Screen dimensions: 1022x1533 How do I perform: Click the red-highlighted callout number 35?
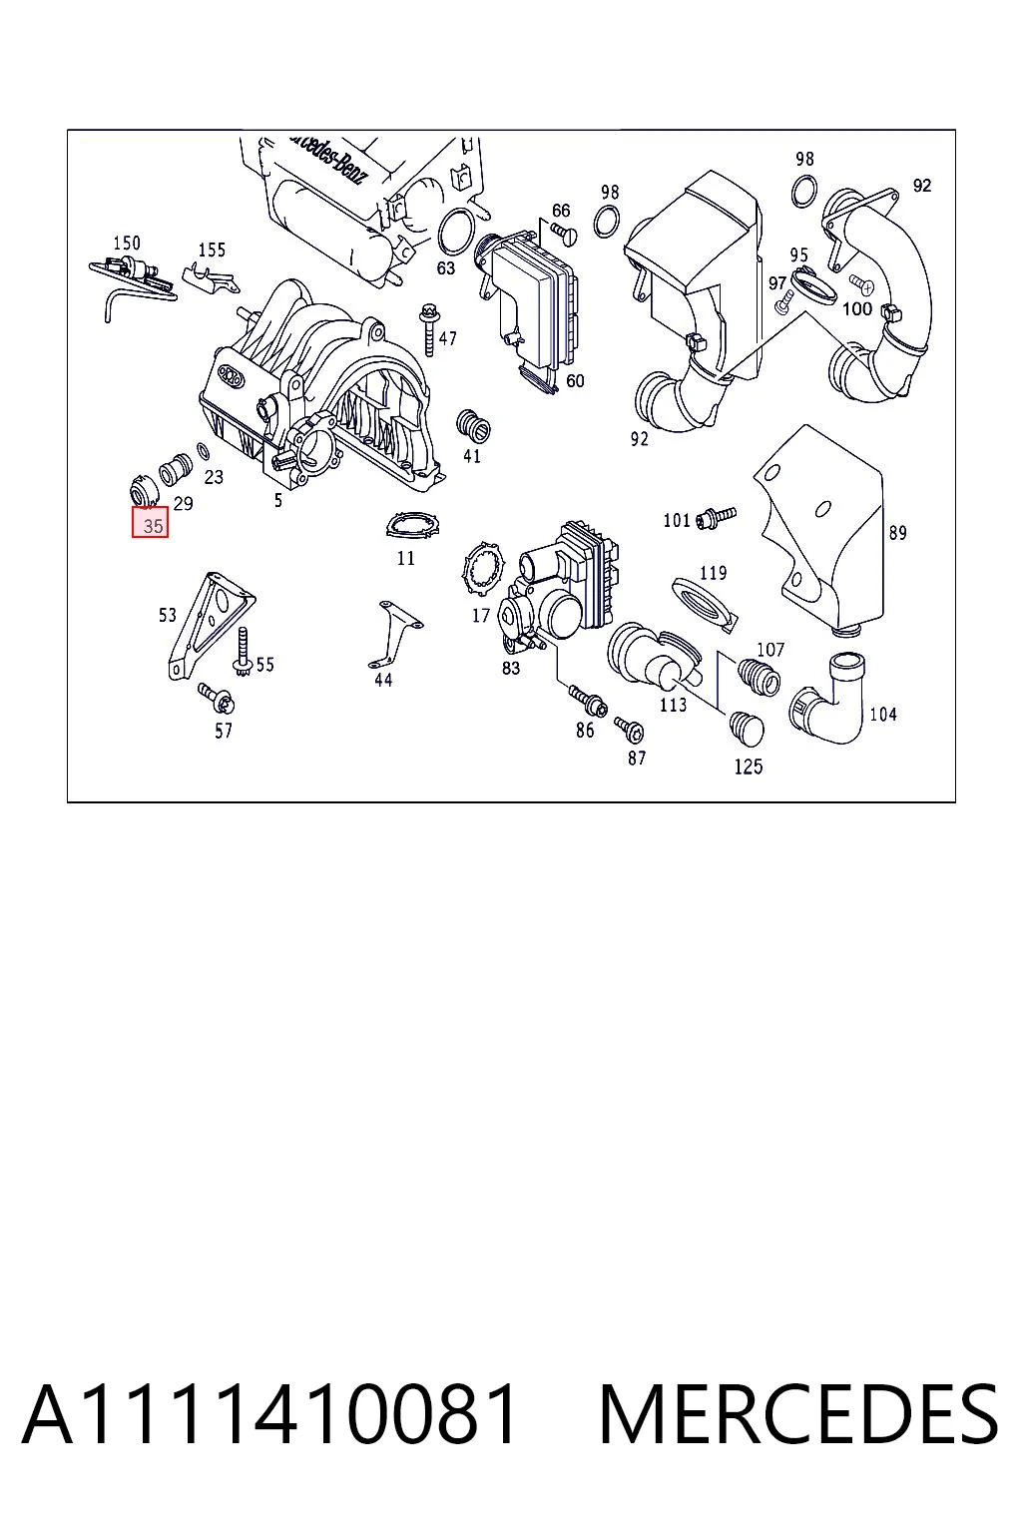(150, 522)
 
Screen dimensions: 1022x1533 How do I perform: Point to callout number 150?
(127, 243)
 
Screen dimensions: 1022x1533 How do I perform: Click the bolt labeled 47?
(430, 330)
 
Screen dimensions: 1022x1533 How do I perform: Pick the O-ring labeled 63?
(456, 232)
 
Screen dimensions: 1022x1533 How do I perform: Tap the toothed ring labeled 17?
(483, 568)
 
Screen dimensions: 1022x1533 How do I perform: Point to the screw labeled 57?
(217, 698)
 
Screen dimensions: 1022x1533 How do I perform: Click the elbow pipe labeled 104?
(829, 699)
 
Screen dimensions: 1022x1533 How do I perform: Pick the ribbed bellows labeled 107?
(759, 674)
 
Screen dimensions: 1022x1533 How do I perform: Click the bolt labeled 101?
(716, 517)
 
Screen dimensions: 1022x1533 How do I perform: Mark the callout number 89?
(897, 532)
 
